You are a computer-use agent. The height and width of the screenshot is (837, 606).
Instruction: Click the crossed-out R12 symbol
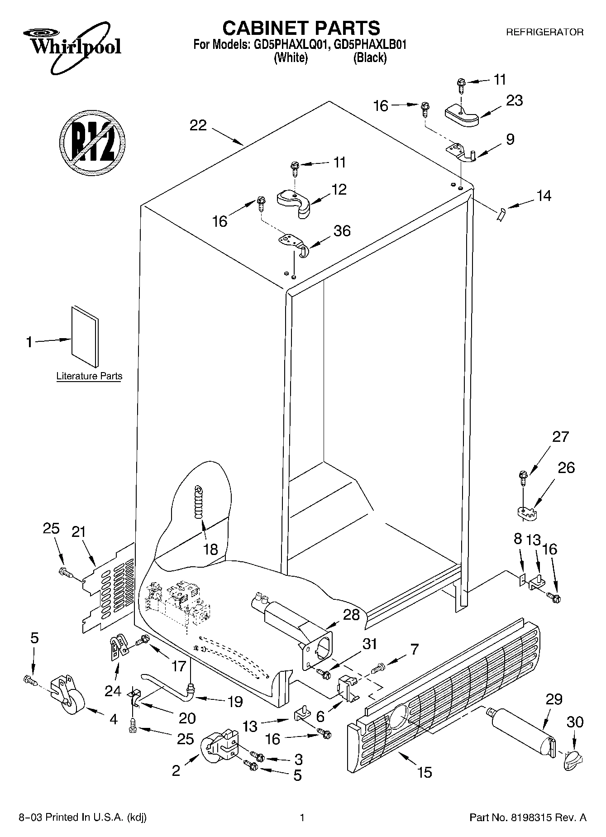(92, 142)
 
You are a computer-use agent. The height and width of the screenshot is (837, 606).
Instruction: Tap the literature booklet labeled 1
(85, 336)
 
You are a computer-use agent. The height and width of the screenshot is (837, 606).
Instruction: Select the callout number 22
(198, 125)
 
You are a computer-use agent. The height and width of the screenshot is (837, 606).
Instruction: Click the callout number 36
(342, 231)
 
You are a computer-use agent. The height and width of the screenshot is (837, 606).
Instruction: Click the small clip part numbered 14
(500, 214)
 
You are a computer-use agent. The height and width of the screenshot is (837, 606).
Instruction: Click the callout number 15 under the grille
(425, 771)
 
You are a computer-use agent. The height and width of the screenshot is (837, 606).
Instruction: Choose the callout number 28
(352, 615)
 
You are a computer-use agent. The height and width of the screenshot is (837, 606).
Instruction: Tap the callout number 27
(560, 437)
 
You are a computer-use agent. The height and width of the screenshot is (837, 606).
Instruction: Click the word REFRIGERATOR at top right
(544, 32)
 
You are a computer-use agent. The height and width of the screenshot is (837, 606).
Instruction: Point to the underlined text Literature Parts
(89, 376)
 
